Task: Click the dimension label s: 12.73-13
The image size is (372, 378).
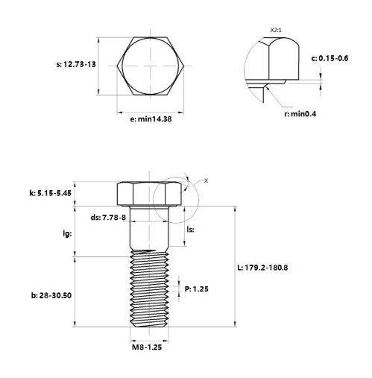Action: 76,64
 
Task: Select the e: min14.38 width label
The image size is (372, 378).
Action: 151,119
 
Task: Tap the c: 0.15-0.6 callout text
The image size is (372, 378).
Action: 330,58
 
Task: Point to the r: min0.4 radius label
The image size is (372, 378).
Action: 300,114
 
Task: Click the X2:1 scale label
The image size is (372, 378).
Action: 276,30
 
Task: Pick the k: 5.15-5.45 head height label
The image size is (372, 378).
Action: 51,193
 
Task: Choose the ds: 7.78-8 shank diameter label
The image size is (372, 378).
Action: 108,218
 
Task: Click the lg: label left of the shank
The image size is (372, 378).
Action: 67,233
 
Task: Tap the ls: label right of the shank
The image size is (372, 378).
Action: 190,230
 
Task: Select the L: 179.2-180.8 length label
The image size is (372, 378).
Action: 262,268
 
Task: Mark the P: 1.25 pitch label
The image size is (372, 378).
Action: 197,289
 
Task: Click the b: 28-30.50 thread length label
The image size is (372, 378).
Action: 51,295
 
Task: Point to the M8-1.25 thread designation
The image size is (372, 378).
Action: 147,347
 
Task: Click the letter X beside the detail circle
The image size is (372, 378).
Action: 206,180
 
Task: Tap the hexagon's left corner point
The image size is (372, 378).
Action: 117,66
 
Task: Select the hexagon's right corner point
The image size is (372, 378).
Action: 184,66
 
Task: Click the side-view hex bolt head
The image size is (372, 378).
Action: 149,194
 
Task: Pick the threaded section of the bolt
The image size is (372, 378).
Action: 149,289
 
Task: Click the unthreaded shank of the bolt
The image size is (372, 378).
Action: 149,227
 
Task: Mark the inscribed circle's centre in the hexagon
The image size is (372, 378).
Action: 151,66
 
